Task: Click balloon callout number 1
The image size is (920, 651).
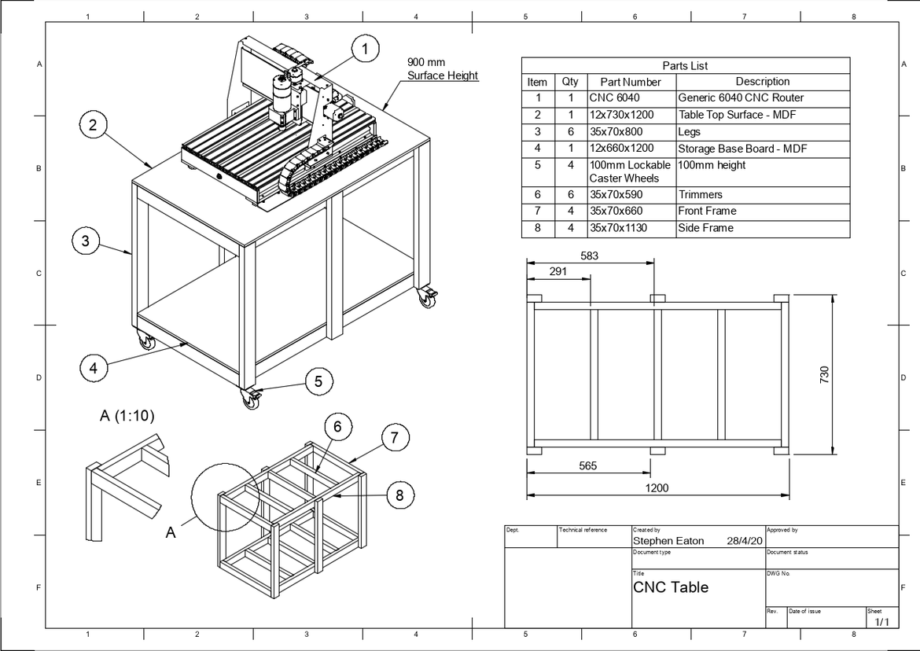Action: (365, 49)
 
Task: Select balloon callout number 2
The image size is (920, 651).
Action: (93, 124)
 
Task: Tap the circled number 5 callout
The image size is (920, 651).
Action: (318, 381)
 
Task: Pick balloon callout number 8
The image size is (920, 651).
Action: (400, 495)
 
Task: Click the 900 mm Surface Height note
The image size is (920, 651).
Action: (442, 68)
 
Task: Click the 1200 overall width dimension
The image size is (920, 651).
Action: (657, 488)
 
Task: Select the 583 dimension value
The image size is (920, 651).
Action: (589, 256)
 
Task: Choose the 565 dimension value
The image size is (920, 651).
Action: (587, 465)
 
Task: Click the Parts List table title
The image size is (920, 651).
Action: (685, 66)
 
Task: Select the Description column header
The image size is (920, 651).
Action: (762, 82)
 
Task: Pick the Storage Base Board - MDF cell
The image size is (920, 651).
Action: (742, 149)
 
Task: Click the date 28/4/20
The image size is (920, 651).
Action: (745, 541)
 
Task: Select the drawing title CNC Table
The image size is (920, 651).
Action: (671, 587)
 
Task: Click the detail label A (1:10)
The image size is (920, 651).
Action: (127, 417)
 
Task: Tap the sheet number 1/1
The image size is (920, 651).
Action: (881, 622)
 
